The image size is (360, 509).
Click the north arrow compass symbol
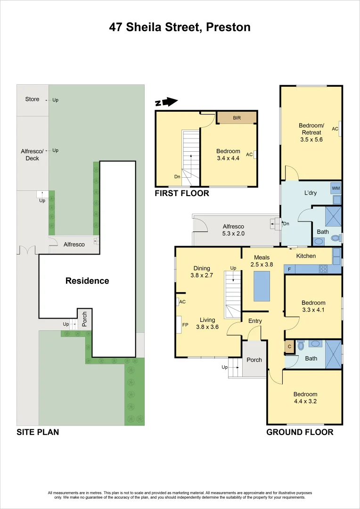(x=166, y=102)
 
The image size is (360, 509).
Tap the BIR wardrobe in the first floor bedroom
(x=237, y=118)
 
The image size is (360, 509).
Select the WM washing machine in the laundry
(x=335, y=189)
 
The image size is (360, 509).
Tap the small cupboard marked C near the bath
(x=289, y=346)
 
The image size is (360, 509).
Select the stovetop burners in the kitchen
(x=323, y=270)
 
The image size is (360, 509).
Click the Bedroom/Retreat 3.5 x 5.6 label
(x=311, y=132)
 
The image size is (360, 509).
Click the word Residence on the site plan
(x=87, y=281)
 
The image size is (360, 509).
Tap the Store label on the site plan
(x=32, y=99)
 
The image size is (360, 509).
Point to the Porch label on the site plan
(x=85, y=319)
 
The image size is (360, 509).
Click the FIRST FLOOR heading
(x=182, y=193)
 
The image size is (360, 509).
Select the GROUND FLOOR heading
(x=300, y=432)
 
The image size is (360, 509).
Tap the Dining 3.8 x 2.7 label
(x=201, y=272)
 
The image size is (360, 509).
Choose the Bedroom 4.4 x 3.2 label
(x=305, y=398)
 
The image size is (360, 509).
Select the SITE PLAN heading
(x=38, y=432)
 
